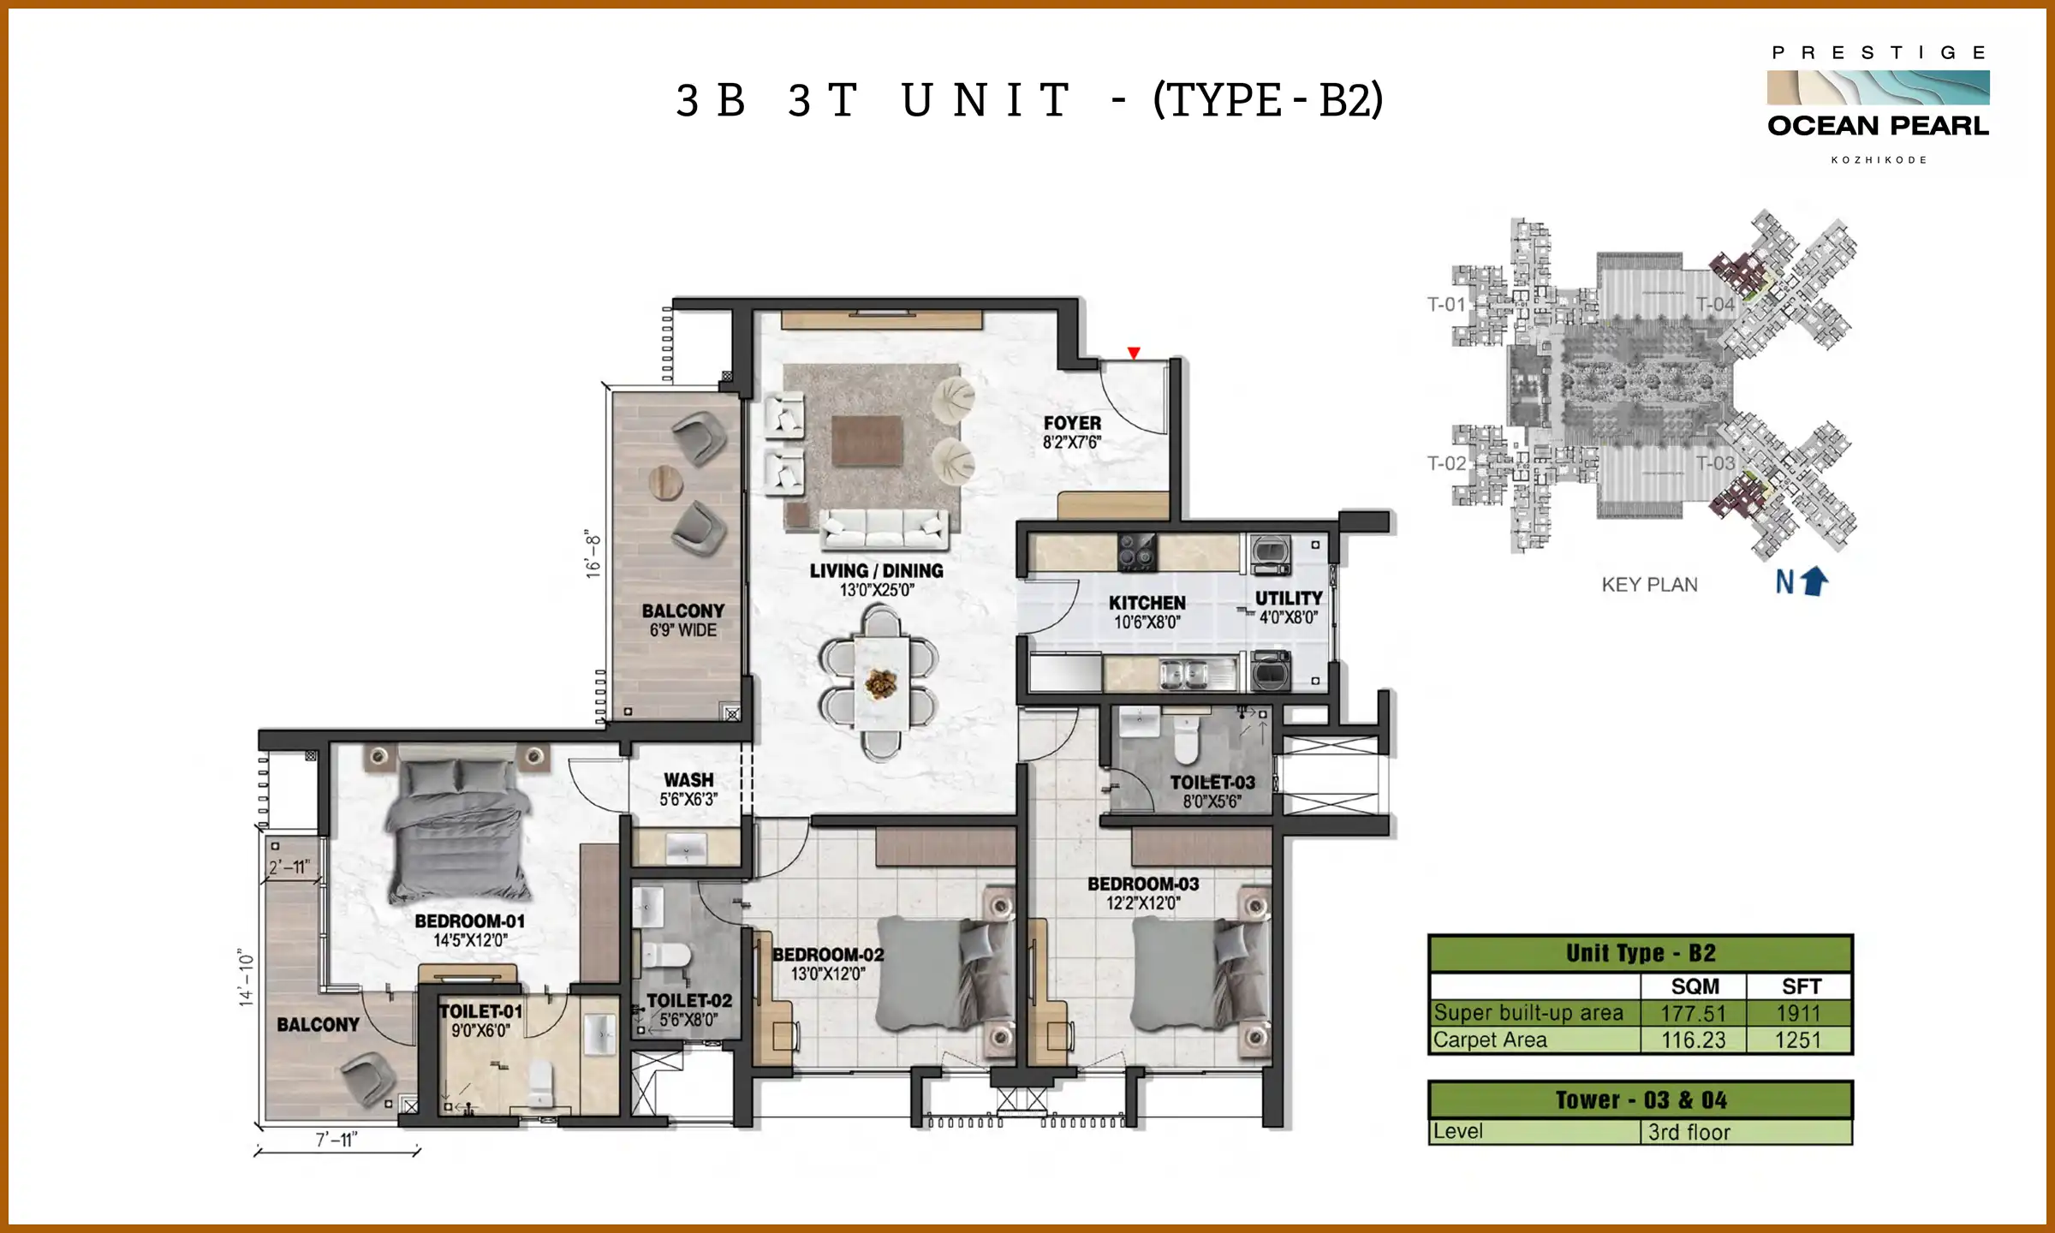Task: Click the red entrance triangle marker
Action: pyautogui.click(x=1134, y=353)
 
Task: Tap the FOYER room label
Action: pyautogui.click(x=1072, y=424)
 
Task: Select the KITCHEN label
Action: pyautogui.click(x=1147, y=604)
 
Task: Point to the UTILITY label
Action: pyautogui.click(x=1289, y=599)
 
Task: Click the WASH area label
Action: pyautogui.click(x=688, y=780)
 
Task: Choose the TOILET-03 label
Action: pyautogui.click(x=1212, y=783)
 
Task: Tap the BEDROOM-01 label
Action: pyautogui.click(x=470, y=921)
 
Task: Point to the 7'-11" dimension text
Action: pyautogui.click(x=337, y=1140)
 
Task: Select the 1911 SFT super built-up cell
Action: pyautogui.click(x=1798, y=1014)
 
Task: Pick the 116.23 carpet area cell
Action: pyautogui.click(x=1693, y=1040)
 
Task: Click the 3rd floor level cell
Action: pyautogui.click(x=1689, y=1132)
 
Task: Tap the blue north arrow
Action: pyautogui.click(x=1814, y=582)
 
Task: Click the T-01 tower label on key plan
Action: pyautogui.click(x=1446, y=305)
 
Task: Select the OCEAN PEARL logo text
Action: pyautogui.click(x=1878, y=126)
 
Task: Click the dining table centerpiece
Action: pyautogui.click(x=880, y=683)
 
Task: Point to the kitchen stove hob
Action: pyautogui.click(x=1137, y=551)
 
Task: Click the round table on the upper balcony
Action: pyautogui.click(x=665, y=483)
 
